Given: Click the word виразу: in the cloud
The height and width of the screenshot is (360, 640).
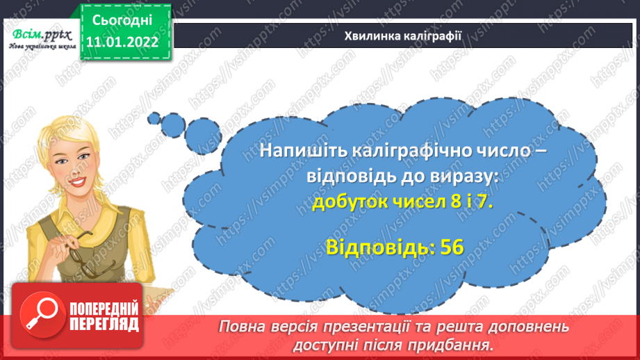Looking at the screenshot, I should pyautogui.click(x=463, y=177).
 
